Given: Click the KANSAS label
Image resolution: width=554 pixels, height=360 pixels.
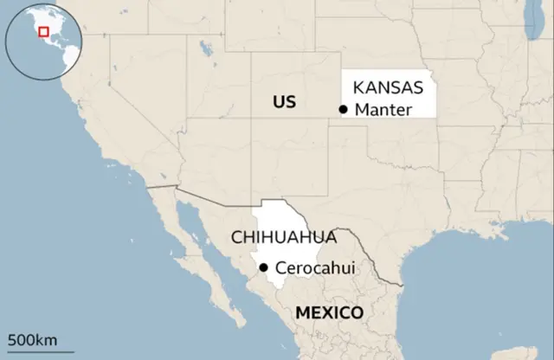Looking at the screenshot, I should (x=387, y=87).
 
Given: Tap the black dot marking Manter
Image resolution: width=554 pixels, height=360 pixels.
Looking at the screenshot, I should (x=344, y=109).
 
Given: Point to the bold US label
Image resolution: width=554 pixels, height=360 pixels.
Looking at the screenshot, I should (x=283, y=102).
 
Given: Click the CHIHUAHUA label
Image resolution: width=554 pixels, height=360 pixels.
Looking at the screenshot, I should (x=282, y=237).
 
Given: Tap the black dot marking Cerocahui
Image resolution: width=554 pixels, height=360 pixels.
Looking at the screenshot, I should (x=263, y=267).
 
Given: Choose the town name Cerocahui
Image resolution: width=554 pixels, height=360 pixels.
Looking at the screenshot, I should (x=315, y=267).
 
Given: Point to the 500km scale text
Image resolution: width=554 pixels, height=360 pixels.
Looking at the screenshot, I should (x=32, y=338).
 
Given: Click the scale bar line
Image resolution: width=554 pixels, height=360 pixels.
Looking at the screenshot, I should (x=32, y=349).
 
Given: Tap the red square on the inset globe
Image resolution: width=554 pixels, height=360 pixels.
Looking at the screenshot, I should (x=42, y=32).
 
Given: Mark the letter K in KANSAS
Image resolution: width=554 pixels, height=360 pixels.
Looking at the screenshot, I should (x=358, y=87).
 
